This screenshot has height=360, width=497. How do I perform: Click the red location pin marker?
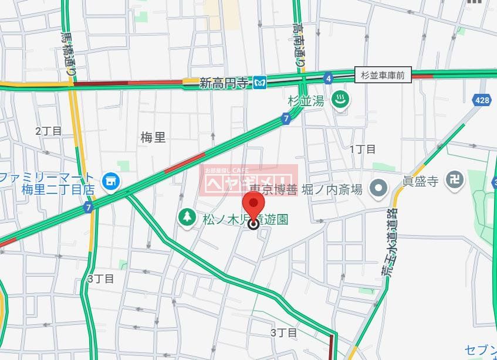click(x=253, y=208)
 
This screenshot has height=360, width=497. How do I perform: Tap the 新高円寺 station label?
click(x=224, y=83)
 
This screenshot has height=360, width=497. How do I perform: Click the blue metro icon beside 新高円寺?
click(x=261, y=83)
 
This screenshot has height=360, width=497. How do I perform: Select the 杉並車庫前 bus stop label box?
click(x=383, y=75)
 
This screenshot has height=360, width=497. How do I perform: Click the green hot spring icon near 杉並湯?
click(x=340, y=100)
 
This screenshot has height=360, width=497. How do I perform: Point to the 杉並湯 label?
click(x=306, y=101)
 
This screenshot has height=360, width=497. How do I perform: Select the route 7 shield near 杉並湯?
click(x=286, y=119)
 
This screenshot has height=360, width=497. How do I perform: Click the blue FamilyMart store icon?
click(x=110, y=182)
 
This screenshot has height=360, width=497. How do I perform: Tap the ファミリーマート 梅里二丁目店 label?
click(x=47, y=184)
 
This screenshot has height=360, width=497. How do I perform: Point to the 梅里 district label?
click(x=153, y=138)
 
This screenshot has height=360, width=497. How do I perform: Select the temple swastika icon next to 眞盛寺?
click(x=454, y=181)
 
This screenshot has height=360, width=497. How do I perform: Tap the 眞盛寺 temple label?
click(x=420, y=181)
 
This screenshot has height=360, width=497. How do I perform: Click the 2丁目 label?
click(x=48, y=131)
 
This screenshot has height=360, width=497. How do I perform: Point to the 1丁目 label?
click(x=363, y=149)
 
